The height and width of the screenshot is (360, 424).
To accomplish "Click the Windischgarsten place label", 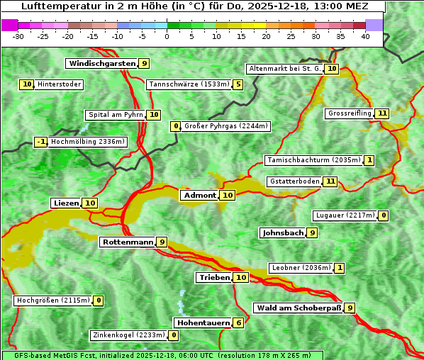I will pyautogui.click(x=101, y=64).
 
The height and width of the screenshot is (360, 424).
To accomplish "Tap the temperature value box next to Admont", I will pyautogui.click(x=227, y=196).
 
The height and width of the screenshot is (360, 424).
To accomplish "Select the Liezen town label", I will pyautogui.click(x=66, y=203).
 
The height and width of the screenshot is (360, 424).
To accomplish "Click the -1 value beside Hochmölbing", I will pyautogui.click(x=40, y=142).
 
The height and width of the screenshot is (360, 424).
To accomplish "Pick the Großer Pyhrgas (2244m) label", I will pyautogui.click(x=225, y=126).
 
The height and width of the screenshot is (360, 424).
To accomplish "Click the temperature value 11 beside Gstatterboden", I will pyautogui.click(x=330, y=181).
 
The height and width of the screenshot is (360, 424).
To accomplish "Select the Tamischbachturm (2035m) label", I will pyautogui.click(x=313, y=160).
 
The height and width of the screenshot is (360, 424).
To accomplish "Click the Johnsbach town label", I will pyautogui.click(x=283, y=232).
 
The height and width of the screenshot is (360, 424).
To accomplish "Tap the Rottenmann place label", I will pyautogui.click(x=128, y=242).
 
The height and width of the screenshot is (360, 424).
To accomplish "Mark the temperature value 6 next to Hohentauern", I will pyautogui.click(x=238, y=323).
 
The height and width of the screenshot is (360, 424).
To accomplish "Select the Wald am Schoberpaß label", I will pyautogui.click(x=297, y=308).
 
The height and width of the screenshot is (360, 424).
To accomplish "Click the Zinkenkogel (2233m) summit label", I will pyautogui.click(x=128, y=335).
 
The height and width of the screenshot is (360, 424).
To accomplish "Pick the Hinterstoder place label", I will pyautogui.click(x=59, y=84).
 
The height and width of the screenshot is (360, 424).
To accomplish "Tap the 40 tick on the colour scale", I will pyautogui.click(x=365, y=36).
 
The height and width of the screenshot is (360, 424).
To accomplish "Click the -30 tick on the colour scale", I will pyautogui.click(x=18, y=36).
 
